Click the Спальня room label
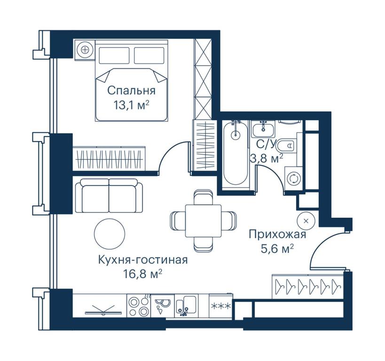131,91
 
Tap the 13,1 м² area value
131,105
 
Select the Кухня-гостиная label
143,260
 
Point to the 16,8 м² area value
143,275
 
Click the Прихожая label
277,234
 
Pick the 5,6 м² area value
277,249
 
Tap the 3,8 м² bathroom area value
267,158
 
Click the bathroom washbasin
263,129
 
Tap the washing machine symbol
294,178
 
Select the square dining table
203,221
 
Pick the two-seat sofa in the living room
109,196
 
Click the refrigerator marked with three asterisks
221,306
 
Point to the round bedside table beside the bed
85,50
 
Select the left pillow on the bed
114,55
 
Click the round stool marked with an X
306,221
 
